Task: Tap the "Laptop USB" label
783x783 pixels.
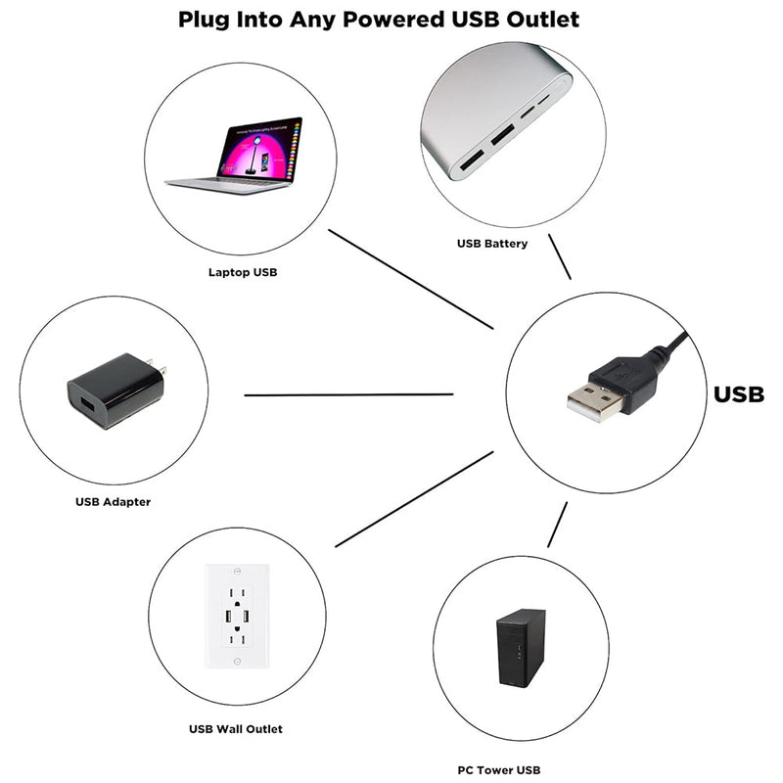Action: coord(242,272)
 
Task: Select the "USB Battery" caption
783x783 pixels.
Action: coord(491,243)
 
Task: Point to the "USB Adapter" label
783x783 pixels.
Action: coord(113,502)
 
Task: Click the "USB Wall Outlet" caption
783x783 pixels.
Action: coord(235,728)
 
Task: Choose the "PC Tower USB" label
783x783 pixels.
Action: coord(498,770)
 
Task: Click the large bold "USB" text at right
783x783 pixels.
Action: coord(738,394)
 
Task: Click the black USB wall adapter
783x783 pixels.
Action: coord(113,391)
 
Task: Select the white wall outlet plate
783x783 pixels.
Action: coord(236,617)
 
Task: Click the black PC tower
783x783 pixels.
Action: coord(521,648)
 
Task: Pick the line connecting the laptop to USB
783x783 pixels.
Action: coord(411,279)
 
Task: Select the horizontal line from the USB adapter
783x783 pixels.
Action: coord(348,395)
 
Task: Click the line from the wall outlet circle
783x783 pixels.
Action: coord(414,499)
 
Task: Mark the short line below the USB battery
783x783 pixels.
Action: coord(560,257)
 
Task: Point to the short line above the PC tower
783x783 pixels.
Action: coord(557,526)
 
